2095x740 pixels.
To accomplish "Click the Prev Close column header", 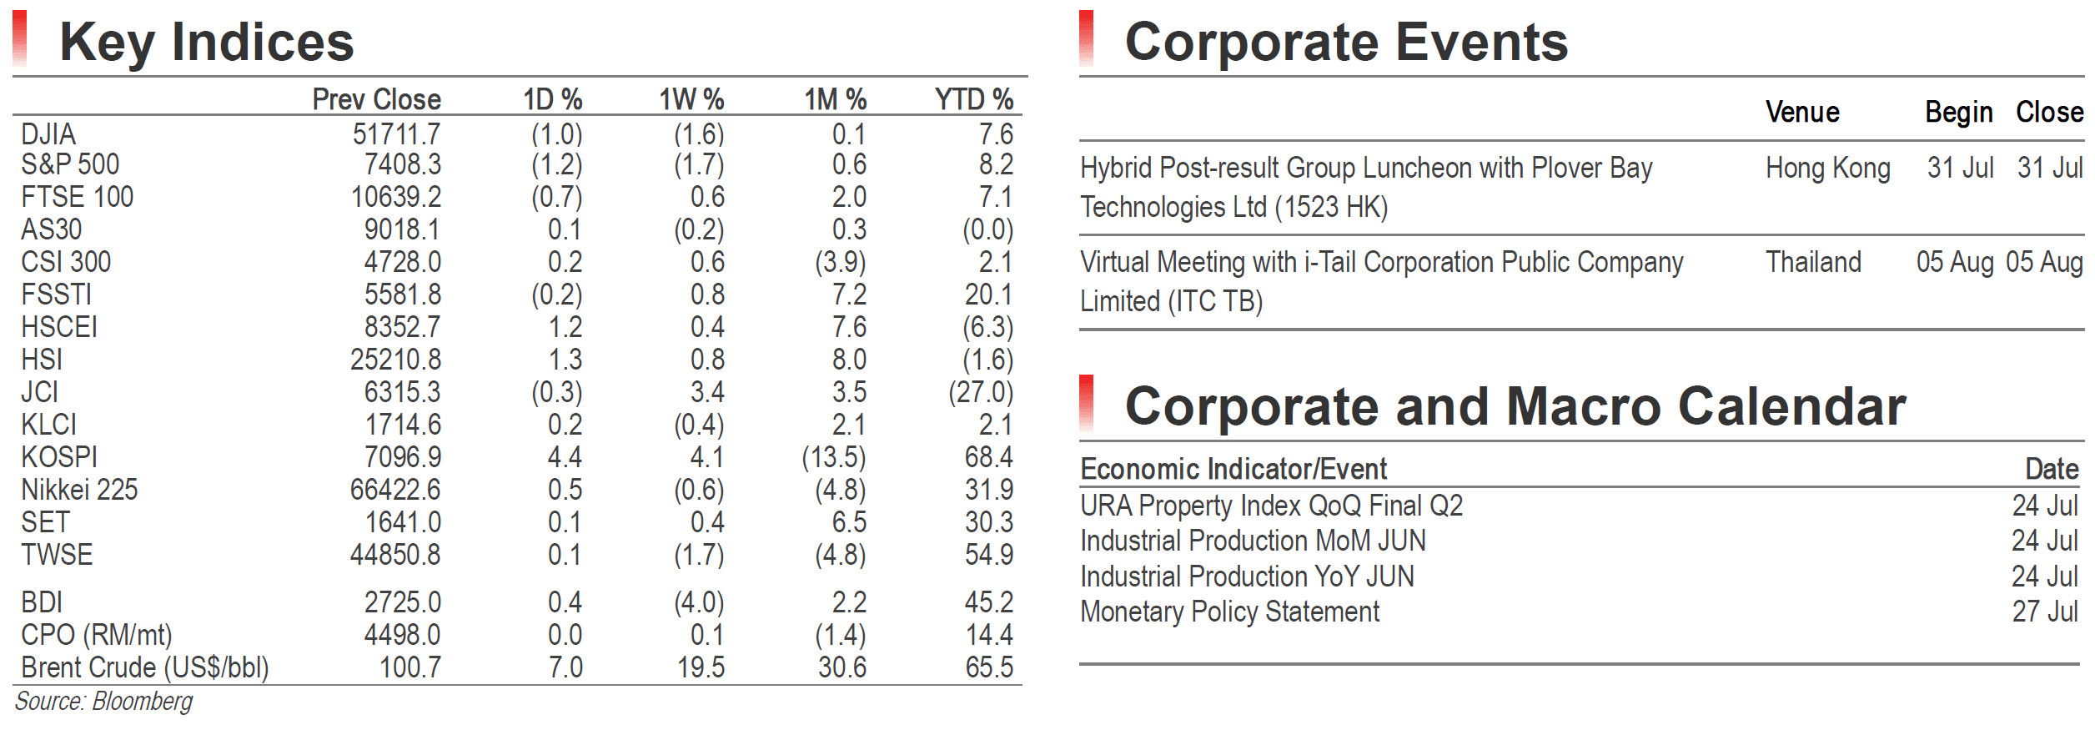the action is pyautogui.click(x=376, y=99).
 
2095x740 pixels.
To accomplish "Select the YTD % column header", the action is pyautogui.click(x=973, y=99).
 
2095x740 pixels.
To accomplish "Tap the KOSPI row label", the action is pyautogui.click(x=59, y=457).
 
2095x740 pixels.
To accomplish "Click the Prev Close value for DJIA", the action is pyautogui.click(x=396, y=134).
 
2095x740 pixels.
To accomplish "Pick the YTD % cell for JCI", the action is pyautogui.click(x=981, y=392).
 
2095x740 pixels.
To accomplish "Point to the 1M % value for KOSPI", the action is pyautogui.click(x=834, y=457).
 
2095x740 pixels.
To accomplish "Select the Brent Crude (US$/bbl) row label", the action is pyautogui.click(x=145, y=667).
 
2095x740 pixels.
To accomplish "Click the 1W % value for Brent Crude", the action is pyautogui.click(x=701, y=667).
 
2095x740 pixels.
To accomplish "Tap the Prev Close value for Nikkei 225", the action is pyautogui.click(x=395, y=490).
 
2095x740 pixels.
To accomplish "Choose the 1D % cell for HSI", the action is pyautogui.click(x=565, y=360).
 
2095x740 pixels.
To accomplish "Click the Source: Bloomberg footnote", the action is pyautogui.click(x=103, y=702).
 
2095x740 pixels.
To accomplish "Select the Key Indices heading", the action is pyautogui.click(x=207, y=42).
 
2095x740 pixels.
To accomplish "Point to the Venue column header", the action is pyautogui.click(x=1802, y=112).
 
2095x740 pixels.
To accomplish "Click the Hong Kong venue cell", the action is pyautogui.click(x=1828, y=169).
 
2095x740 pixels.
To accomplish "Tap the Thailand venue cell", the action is pyautogui.click(x=1813, y=262).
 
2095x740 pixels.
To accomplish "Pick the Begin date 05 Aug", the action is pyautogui.click(x=1955, y=263).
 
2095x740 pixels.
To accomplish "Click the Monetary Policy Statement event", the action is pyautogui.click(x=1229, y=612).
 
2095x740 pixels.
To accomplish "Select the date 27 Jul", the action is pyautogui.click(x=2045, y=612).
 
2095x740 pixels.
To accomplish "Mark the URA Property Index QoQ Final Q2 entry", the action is pyautogui.click(x=1271, y=506).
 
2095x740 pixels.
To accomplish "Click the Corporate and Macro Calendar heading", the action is pyautogui.click(x=1515, y=406).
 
